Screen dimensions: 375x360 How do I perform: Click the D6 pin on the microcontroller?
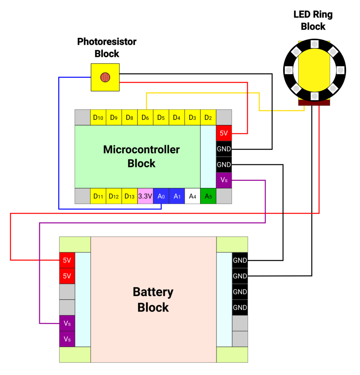coord(145,118)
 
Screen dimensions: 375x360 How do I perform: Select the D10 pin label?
coord(98,118)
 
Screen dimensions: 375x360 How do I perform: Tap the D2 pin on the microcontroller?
coord(208,118)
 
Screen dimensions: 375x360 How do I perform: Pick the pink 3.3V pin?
coord(145,196)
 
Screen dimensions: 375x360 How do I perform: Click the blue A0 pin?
coord(161,196)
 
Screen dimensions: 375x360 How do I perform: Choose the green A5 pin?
coord(208,196)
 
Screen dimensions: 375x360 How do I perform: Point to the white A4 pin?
coord(192,196)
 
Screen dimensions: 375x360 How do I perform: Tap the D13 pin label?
coord(130,196)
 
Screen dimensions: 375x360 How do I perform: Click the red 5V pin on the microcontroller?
coord(224,133)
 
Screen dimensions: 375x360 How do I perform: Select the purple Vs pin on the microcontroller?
coord(224,181)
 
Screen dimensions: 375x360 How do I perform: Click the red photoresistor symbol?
coord(105,77)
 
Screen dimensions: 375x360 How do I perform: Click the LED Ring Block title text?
coord(313,21)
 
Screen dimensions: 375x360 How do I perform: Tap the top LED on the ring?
coord(314,44)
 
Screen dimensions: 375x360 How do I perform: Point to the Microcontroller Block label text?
coord(141,156)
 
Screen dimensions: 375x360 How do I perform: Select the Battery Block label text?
coord(153,300)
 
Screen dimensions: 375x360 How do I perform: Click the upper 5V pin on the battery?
coord(67,260)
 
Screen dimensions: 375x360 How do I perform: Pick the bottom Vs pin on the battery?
coord(67,339)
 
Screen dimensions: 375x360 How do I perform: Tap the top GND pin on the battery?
coord(240,260)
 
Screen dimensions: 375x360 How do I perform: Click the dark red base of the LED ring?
coord(314,103)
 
